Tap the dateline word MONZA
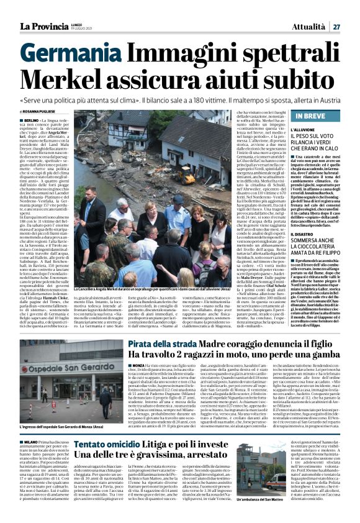click(x=135, y=366)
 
